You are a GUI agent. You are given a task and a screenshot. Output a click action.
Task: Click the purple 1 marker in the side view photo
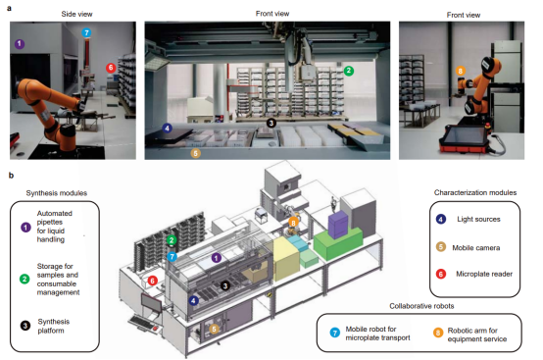pos(20,44)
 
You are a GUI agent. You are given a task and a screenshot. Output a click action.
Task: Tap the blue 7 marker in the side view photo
pos(86,33)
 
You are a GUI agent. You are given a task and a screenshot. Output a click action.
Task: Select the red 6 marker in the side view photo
pos(111,68)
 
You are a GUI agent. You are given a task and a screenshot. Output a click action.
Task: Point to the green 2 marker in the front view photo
pos(349,71)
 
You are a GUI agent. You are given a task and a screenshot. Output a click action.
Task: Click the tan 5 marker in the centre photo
pos(196,153)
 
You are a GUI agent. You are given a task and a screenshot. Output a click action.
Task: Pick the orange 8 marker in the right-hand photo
pos(461,71)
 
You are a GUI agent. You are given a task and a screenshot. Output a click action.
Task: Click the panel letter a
pos(10,8)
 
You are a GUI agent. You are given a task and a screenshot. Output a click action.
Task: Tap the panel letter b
pos(11,176)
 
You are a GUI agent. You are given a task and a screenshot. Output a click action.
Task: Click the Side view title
pos(76,14)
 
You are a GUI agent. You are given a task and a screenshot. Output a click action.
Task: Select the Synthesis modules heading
pos(57,193)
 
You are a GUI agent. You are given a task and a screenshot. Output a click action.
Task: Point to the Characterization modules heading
pos(475,192)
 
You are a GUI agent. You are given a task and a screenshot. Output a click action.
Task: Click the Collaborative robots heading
pos(421,306)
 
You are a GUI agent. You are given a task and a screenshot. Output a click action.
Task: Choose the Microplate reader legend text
pos(484,274)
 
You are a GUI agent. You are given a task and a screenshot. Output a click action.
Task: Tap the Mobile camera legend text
pos(475,248)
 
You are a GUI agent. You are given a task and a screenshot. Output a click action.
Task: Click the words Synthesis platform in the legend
pos(54,326)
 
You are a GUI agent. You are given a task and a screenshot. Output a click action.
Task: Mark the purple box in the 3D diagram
pos(337,224)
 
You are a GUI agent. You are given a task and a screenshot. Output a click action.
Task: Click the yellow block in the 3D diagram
pos(285,258)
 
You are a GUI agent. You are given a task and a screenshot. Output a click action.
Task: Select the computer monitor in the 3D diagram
pos(151,302)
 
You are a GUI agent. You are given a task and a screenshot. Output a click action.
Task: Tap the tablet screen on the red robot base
pos(464,135)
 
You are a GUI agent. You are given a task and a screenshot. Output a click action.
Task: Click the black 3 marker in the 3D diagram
pos(225,285)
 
